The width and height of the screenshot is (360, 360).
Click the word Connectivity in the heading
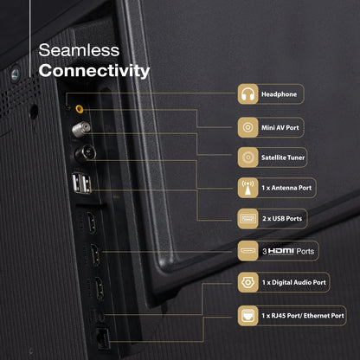[94, 70]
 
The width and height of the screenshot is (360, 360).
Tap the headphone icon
[247, 94]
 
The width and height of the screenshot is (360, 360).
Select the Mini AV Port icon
[247, 125]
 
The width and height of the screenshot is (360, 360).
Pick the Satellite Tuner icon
[247, 157]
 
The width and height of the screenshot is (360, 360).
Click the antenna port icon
[247, 187]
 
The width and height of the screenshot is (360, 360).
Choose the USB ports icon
[247, 218]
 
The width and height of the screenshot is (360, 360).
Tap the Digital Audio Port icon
[247, 282]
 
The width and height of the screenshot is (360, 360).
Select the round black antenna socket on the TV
[85, 158]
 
